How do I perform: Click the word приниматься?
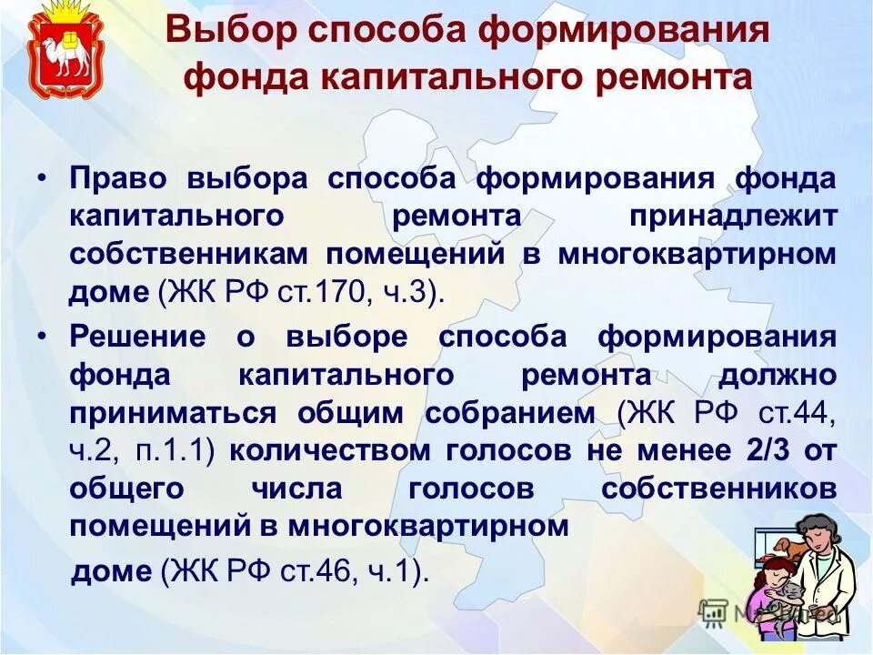pos(172,413)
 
